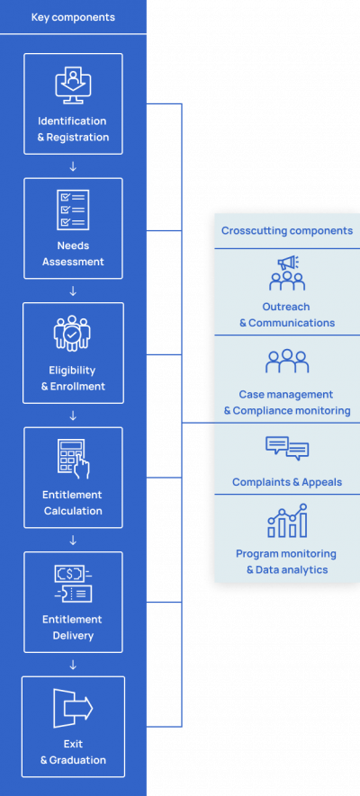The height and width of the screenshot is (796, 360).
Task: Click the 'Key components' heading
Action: (73, 17)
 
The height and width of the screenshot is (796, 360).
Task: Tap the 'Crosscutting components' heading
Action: (287, 230)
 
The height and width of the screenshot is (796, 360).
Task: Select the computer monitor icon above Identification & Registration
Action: (73, 85)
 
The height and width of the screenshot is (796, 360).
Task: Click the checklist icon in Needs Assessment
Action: (73, 209)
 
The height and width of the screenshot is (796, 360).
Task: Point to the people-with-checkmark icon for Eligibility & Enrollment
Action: (73, 334)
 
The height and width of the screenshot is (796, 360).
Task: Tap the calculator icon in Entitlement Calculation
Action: (73, 458)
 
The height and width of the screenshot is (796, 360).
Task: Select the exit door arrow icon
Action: (73, 708)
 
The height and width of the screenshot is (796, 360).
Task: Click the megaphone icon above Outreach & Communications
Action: (287, 273)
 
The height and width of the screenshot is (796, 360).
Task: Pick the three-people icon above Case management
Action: (287, 362)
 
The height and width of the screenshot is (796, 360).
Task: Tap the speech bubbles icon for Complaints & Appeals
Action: (287, 448)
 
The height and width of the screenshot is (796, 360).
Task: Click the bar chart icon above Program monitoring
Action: (287, 521)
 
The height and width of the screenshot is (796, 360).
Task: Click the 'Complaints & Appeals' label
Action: (287, 482)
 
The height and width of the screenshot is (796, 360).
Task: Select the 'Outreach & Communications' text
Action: (287, 315)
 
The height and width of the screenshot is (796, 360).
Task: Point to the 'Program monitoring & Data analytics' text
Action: (287, 561)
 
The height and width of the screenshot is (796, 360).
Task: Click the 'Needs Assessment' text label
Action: (73, 254)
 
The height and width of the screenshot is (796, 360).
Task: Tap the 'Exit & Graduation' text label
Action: (73, 752)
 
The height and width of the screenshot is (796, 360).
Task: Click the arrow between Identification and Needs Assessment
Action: (73, 166)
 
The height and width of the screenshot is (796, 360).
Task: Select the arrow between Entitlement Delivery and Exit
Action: (73, 665)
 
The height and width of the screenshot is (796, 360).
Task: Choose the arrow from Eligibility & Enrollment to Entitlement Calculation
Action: (73, 416)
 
